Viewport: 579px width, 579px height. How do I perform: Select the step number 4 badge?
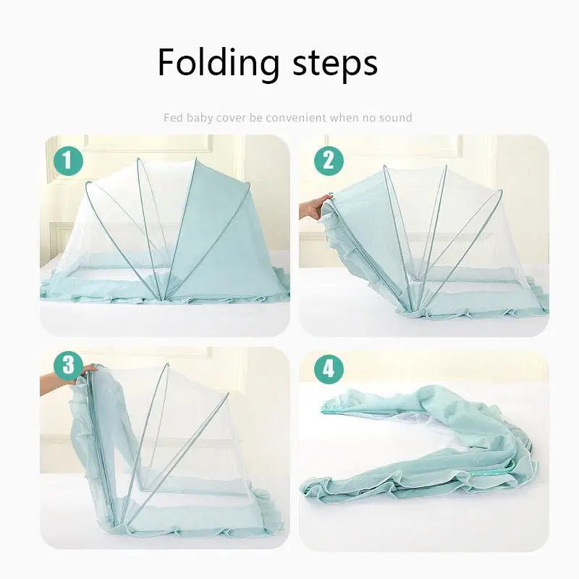[329, 368]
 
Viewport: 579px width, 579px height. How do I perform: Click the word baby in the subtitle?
[200, 117]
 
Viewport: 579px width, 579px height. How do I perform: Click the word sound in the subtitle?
[395, 117]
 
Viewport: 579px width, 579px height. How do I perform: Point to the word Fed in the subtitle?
[172, 117]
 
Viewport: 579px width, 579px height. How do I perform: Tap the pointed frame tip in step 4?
[324, 408]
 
